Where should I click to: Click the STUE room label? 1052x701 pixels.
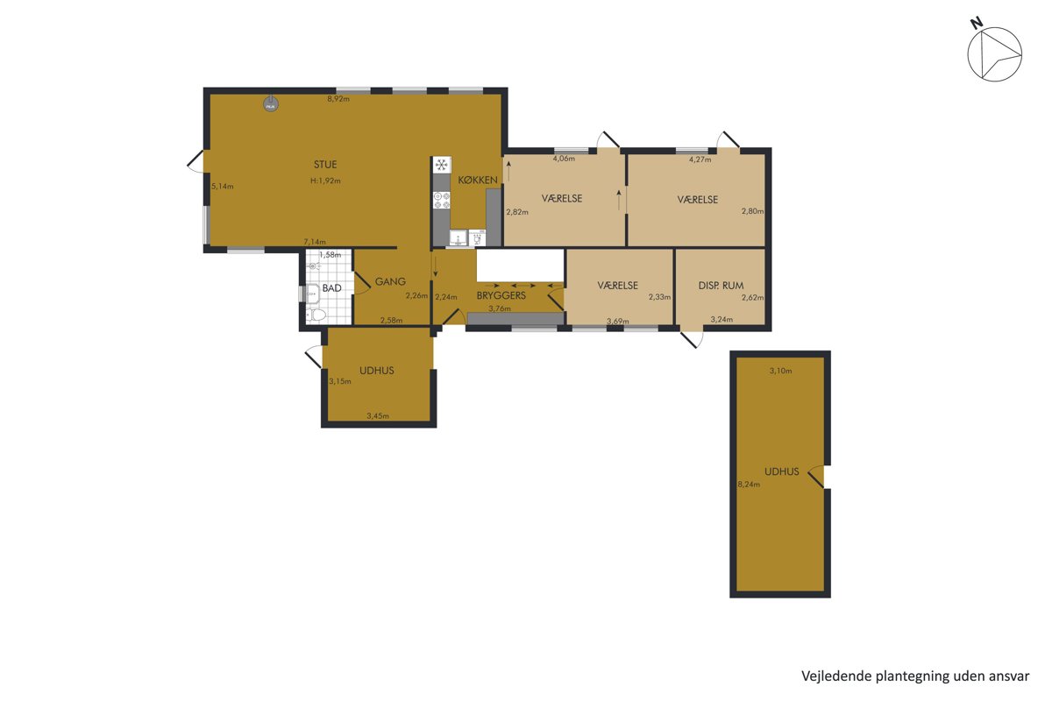click(x=325, y=165)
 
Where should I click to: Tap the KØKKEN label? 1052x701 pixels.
click(x=478, y=180)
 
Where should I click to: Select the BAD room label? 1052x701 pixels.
click(x=331, y=287)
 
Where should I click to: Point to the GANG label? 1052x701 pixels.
click(x=390, y=281)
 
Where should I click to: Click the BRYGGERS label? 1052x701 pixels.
click(x=501, y=295)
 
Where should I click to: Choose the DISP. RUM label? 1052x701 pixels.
click(x=721, y=285)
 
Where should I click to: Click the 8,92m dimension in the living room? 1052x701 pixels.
click(x=338, y=99)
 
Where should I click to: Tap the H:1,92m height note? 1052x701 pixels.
click(x=325, y=181)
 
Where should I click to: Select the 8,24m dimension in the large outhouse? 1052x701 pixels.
click(x=749, y=484)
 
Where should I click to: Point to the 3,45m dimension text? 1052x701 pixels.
click(x=378, y=415)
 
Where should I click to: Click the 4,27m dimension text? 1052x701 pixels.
click(x=700, y=159)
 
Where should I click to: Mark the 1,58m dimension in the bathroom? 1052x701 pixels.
click(x=330, y=255)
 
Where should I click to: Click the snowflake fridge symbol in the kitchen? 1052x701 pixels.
click(x=442, y=165)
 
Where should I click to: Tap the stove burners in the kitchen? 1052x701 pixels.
click(x=442, y=200)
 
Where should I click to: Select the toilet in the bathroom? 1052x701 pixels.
click(x=316, y=315)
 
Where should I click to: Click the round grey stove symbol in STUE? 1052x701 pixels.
click(x=270, y=104)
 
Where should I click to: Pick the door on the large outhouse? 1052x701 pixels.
click(x=816, y=477)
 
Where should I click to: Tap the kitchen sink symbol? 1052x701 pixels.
click(x=458, y=238)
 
